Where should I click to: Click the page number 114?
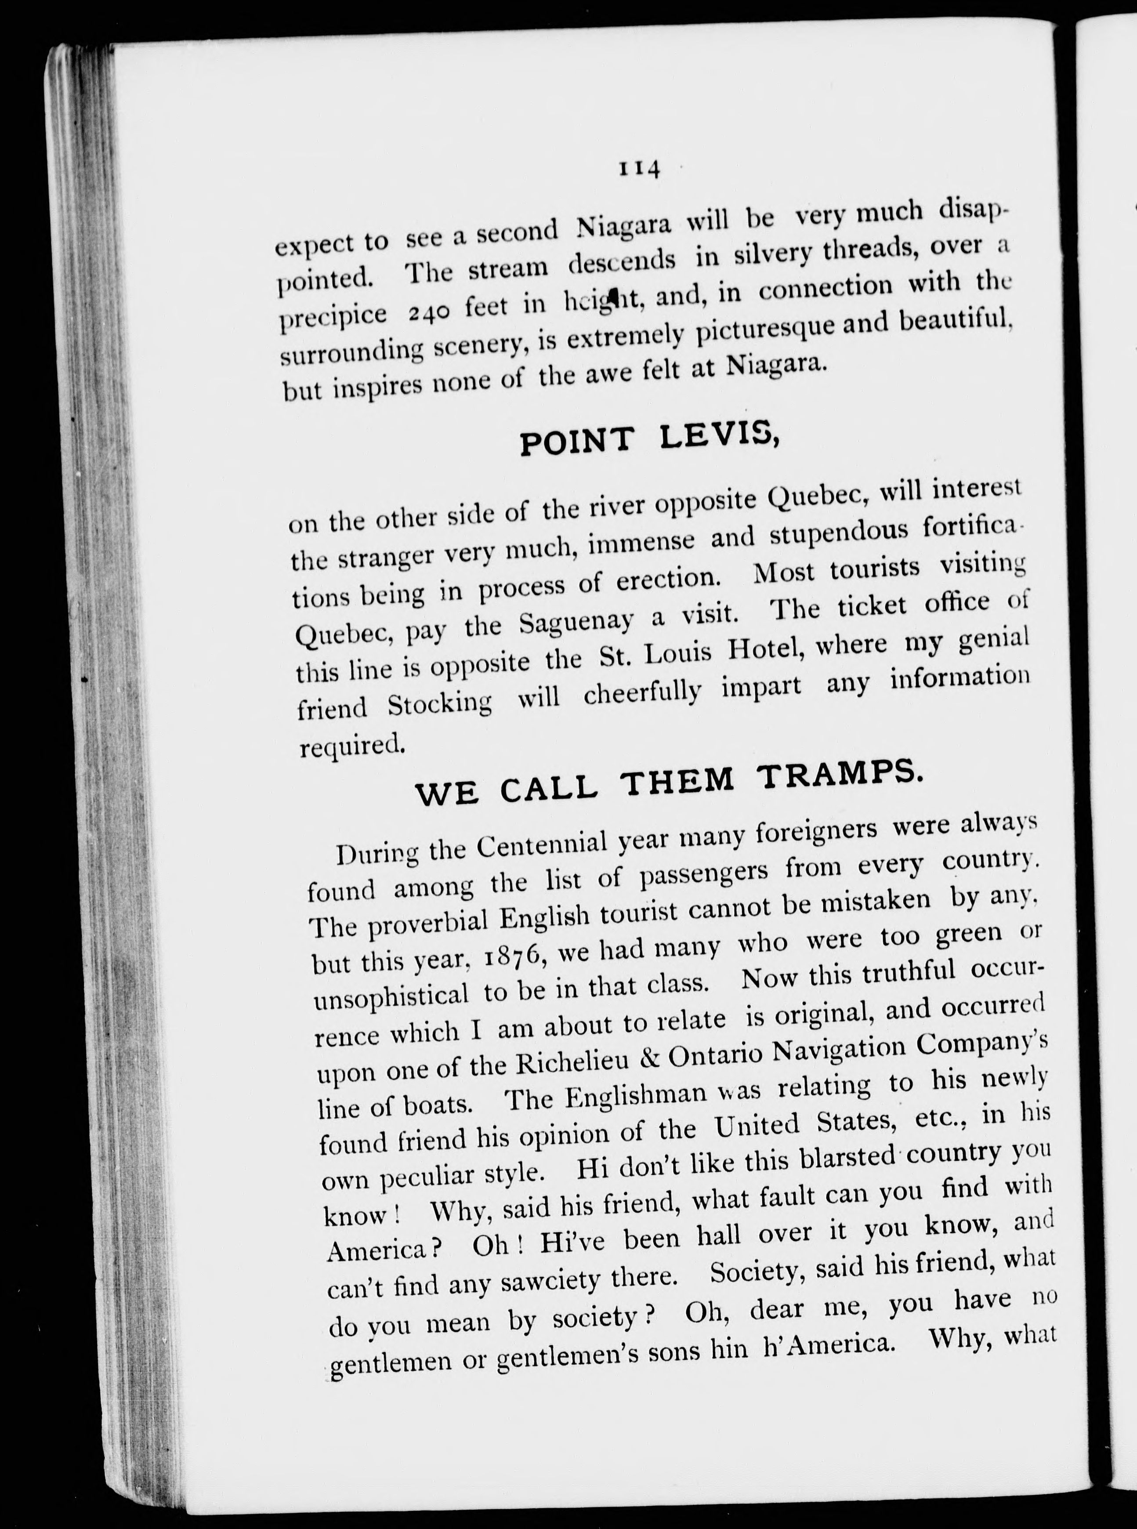639,169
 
